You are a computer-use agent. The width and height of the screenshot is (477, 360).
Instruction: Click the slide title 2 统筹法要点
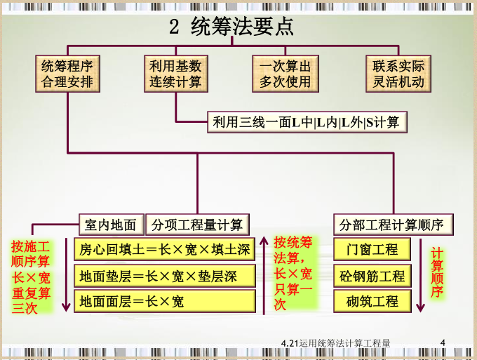pyautogui.click(x=231, y=27)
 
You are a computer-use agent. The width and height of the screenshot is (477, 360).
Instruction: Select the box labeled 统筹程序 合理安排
pyautogui.click(x=67, y=74)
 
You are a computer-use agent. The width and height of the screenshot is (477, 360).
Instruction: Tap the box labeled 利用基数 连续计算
pyautogui.click(x=175, y=74)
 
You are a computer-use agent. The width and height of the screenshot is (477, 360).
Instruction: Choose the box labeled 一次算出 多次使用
pyautogui.click(x=285, y=74)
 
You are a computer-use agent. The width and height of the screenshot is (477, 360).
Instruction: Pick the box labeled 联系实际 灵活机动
pyautogui.click(x=398, y=74)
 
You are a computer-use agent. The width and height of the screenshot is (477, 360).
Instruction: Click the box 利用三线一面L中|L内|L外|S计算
pyautogui.click(x=307, y=122)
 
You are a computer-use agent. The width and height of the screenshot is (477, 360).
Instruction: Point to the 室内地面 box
pyautogui.click(x=111, y=225)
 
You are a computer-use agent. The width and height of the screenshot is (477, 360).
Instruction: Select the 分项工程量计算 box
pyautogui.click(x=197, y=225)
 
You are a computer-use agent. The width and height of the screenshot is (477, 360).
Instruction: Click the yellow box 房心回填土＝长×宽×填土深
pyautogui.click(x=164, y=250)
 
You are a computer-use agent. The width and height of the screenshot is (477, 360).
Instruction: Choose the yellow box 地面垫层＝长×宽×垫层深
pyautogui.click(x=164, y=276)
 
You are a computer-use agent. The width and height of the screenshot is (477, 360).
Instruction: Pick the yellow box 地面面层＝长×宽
pyautogui.click(x=164, y=302)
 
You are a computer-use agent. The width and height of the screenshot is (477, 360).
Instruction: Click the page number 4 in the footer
pyautogui.click(x=443, y=343)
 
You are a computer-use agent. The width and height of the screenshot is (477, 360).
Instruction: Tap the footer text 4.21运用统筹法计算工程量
pyautogui.click(x=335, y=343)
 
